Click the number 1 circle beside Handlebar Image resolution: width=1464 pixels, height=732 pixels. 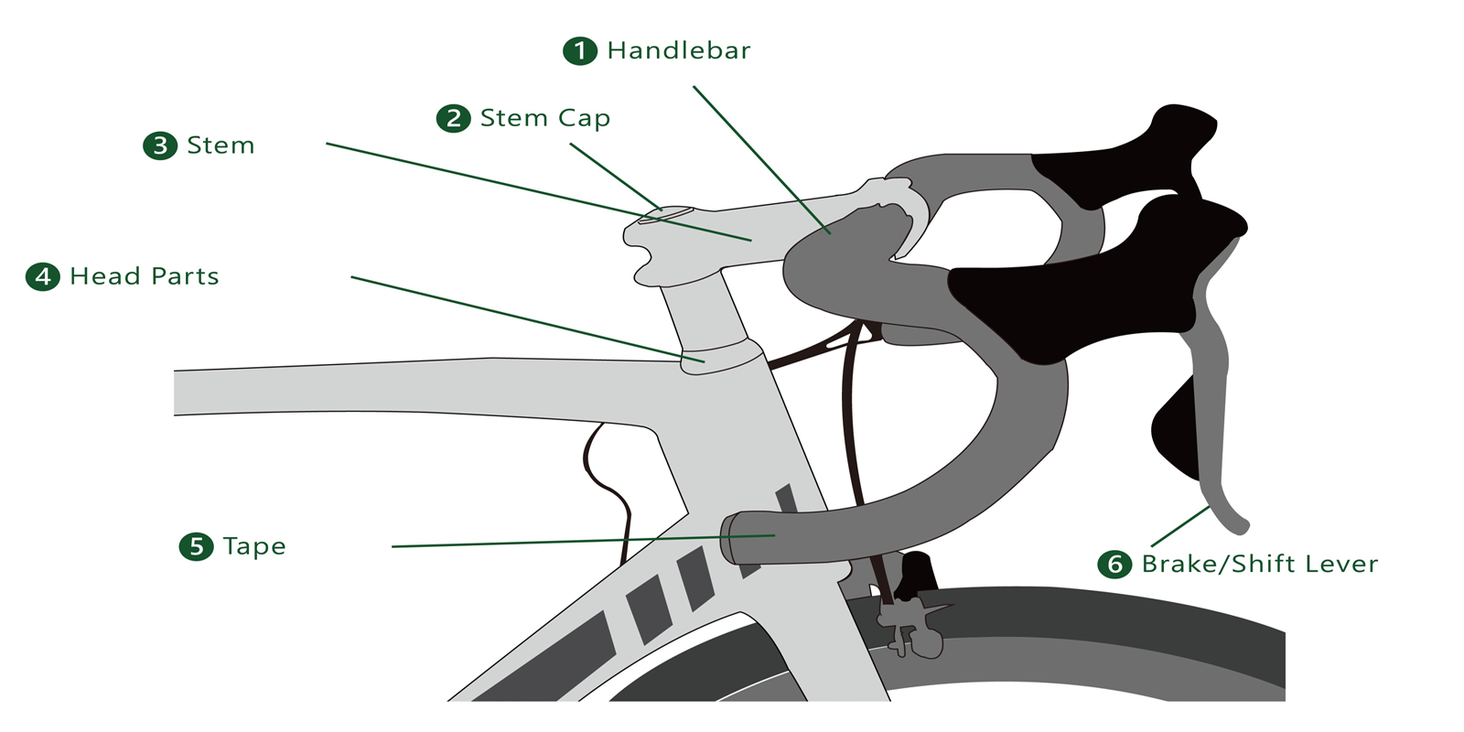[x=580, y=50]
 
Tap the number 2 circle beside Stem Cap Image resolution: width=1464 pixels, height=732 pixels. [x=453, y=118]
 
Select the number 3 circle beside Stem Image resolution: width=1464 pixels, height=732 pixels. [x=160, y=145]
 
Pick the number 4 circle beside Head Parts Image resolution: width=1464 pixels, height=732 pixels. [x=43, y=276]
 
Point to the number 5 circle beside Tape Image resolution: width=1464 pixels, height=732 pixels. [x=196, y=546]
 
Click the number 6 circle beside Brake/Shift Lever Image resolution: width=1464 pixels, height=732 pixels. [x=1114, y=564]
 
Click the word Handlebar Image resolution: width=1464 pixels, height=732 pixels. [x=679, y=50]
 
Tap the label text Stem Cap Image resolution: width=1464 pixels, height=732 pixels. [x=545, y=119]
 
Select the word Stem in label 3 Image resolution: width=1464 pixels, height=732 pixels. [x=221, y=145]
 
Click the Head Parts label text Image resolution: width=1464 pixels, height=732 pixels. [x=145, y=276]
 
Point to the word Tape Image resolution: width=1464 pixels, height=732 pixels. [x=254, y=547]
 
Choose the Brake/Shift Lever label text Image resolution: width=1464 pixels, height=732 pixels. [x=1260, y=564]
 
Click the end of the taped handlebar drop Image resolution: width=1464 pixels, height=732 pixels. [x=728, y=539]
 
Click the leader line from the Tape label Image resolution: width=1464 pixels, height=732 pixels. [x=584, y=541]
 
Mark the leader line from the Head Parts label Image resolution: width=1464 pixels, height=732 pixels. [x=528, y=319]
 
